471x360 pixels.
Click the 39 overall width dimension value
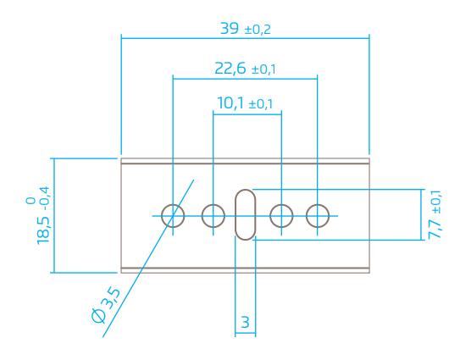230,29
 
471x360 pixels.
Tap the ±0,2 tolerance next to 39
258,30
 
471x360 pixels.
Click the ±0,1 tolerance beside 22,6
263,69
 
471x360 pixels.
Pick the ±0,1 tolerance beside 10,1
261,104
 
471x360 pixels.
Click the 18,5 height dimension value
43,230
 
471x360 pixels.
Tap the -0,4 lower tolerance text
44,199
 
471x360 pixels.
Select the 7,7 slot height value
435,227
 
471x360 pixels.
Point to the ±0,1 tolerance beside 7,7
436,202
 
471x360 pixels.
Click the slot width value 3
245,322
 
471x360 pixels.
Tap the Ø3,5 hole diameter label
107,306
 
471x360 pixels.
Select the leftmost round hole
161,216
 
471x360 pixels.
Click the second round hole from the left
202,216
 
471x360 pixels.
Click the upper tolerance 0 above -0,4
30,201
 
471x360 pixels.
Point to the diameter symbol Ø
98,316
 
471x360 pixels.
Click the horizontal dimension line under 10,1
247,114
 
